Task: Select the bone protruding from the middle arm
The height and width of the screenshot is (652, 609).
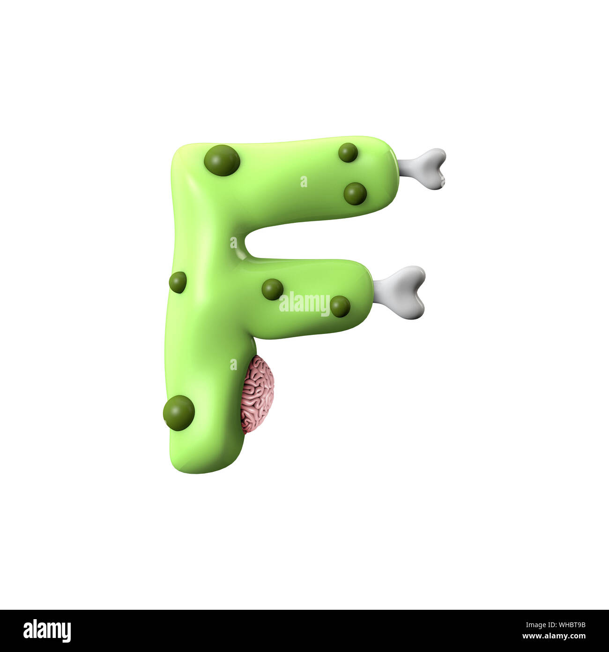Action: coord(401,292)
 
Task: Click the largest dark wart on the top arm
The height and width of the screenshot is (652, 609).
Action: coord(222,160)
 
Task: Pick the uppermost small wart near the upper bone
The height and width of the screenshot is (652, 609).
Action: coord(348,152)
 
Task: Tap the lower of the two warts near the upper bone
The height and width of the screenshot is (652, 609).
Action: coord(355,194)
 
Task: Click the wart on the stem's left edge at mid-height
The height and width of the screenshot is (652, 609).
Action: coord(178,282)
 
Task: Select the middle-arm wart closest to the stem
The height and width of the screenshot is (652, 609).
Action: coord(272,289)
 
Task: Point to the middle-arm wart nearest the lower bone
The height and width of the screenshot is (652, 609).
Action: coord(340,306)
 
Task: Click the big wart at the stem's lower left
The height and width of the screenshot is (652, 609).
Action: coord(179,413)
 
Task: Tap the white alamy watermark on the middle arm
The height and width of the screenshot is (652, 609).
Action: coord(304,303)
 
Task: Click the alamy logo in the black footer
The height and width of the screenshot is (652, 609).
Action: coord(47,630)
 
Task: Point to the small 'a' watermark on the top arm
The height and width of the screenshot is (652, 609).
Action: coord(304,182)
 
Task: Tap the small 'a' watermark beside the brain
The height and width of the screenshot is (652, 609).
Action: coord(233,364)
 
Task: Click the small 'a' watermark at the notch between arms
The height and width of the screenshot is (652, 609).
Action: coord(233,243)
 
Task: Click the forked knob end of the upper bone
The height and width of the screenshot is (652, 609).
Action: coord(436,169)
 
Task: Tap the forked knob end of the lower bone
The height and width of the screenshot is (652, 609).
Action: coord(415,292)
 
